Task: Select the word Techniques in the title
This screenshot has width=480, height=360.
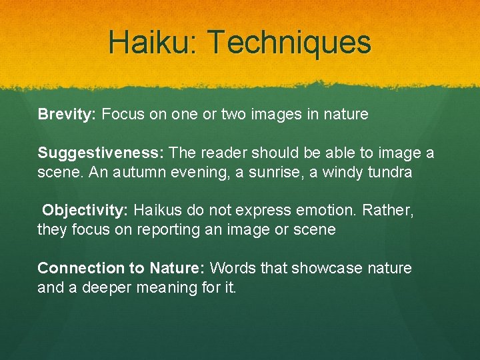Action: pyautogui.click(x=289, y=42)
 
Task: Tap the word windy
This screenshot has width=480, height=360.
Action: pyautogui.click(x=341, y=172)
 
